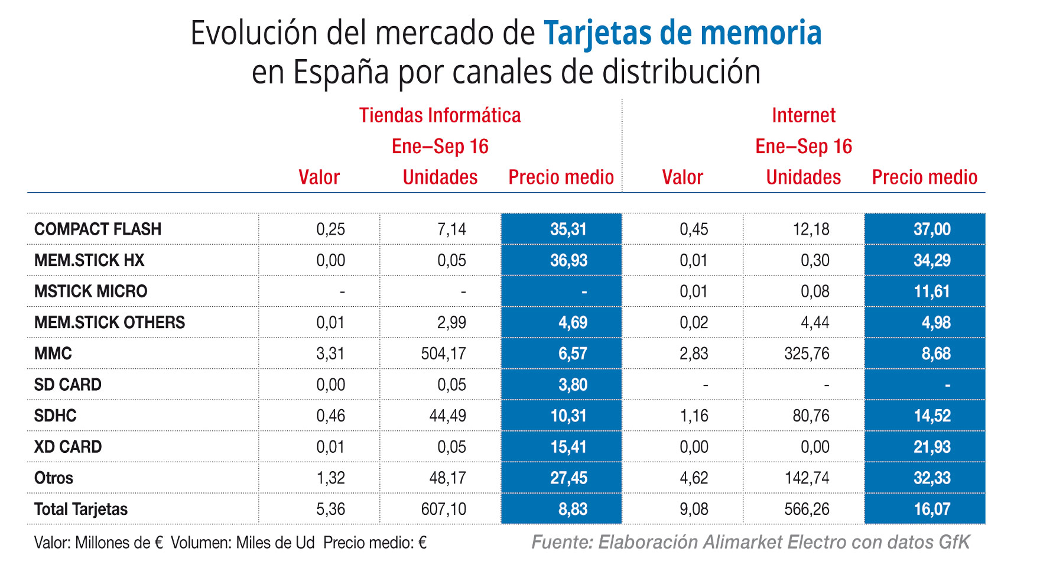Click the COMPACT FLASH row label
[x=97, y=229]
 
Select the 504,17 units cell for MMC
[x=443, y=354]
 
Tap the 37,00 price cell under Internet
[x=932, y=229]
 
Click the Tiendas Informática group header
[x=440, y=115]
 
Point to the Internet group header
[x=804, y=115]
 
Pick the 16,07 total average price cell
[x=932, y=509]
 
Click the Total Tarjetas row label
[x=81, y=509]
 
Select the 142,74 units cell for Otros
[x=807, y=478]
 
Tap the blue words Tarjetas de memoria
[x=682, y=33]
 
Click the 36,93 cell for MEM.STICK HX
[x=568, y=260]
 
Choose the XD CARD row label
[x=68, y=447]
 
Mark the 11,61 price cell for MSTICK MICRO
[x=932, y=291]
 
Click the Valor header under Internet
[x=682, y=177]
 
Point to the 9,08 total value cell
[x=694, y=509]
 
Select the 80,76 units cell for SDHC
[x=811, y=416]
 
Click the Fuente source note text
[x=750, y=542]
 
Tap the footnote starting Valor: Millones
[x=230, y=543]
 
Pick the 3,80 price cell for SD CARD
[x=573, y=385]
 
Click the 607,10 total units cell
[x=443, y=509]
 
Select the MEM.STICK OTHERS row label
[x=109, y=322]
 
